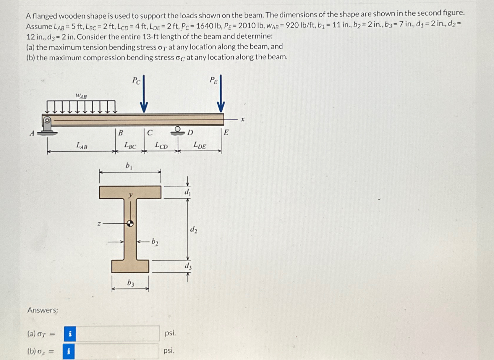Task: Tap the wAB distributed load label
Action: click(81, 96)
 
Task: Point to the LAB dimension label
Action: click(82, 145)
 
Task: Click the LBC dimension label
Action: click(130, 145)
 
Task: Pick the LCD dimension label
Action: click(161, 145)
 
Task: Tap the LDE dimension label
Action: click(200, 145)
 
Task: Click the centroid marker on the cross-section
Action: click(130, 223)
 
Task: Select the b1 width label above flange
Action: click(129, 166)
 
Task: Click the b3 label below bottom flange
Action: click(131, 283)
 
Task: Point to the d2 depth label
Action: click(194, 229)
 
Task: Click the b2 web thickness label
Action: click(155, 242)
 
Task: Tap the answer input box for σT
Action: click(118, 333)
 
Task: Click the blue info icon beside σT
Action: click(70, 334)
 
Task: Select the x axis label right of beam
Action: click(242, 120)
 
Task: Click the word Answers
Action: click(43, 310)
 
